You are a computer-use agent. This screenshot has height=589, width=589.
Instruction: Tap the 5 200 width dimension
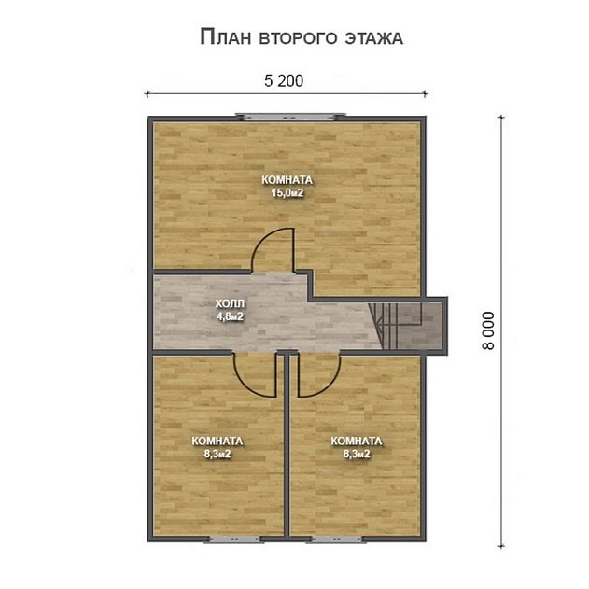pos(285,81)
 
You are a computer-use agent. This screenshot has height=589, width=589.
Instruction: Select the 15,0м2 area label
pos(287,193)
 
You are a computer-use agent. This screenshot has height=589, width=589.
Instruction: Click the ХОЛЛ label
pos(229,304)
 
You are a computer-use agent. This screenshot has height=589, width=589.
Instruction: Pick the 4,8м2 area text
pos(229,316)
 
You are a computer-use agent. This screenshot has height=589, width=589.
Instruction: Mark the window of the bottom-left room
pos(219,539)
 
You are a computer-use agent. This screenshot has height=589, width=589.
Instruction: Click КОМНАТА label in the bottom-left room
pos(217,442)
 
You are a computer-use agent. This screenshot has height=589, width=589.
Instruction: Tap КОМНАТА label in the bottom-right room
pos(357,442)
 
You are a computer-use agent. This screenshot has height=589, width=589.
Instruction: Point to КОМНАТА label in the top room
pos(287,180)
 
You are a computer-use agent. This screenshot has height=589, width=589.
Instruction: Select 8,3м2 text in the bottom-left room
pos(217,455)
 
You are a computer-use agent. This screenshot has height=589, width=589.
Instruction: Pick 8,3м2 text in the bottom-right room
pos(357,455)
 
